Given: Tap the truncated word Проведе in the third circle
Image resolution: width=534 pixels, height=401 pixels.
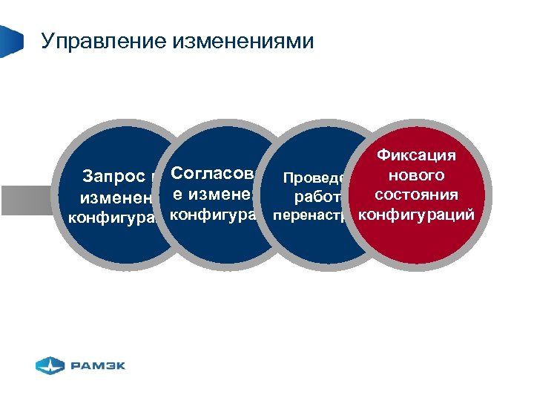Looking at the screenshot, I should click(x=312, y=178).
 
